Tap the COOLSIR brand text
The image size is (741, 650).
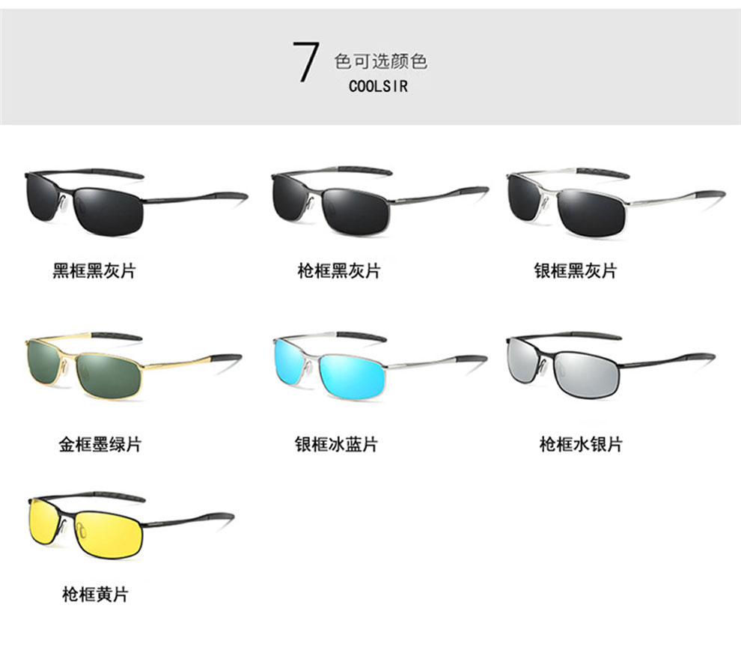379,86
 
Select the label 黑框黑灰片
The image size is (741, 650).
94,270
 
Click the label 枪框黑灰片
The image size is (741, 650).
338,270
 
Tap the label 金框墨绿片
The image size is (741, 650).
100,444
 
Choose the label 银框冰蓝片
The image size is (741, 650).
336,444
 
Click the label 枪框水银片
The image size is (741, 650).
581,444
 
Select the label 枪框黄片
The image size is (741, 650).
95,595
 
